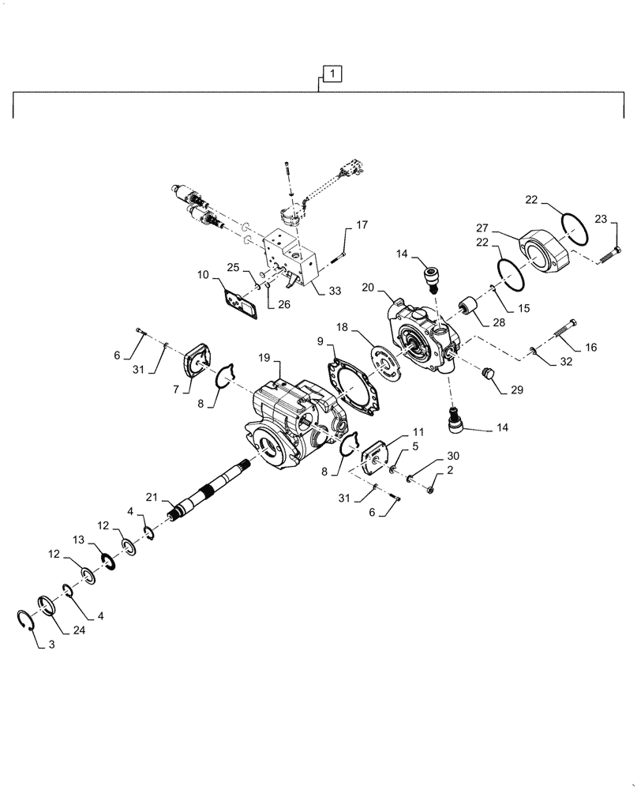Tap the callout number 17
tap(361, 225)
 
